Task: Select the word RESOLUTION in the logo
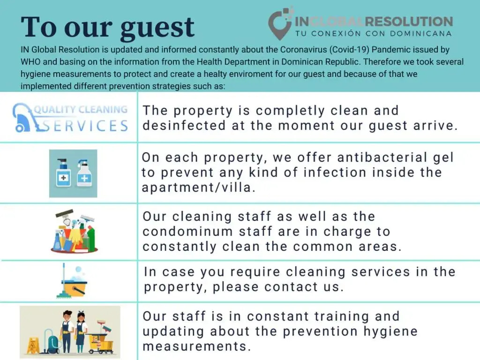tap(409, 22)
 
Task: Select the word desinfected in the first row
tap(184, 126)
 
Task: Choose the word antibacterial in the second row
tap(382, 157)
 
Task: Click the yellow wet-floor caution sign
tap(32, 345)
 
